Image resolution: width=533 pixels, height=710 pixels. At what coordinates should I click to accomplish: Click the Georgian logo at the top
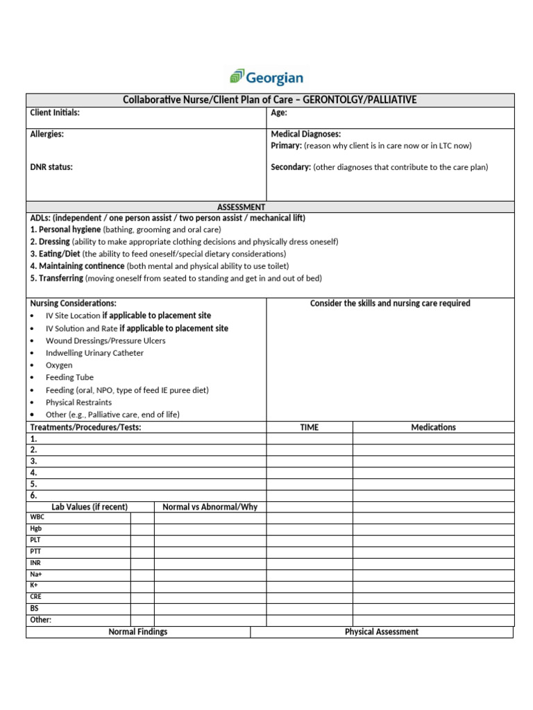point(266,77)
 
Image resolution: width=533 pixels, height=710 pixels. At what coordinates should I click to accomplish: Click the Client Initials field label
point(55,112)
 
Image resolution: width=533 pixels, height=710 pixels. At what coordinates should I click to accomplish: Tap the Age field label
point(278,112)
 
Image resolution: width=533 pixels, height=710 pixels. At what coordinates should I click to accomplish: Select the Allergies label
point(47,134)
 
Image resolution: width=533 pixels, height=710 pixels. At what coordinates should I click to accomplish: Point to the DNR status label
point(51,167)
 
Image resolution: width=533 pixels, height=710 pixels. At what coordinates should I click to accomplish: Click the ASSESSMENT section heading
point(241,207)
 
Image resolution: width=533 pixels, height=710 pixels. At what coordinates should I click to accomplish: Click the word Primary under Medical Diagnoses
point(285,146)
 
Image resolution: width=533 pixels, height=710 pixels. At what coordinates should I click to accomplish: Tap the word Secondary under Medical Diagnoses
point(290,167)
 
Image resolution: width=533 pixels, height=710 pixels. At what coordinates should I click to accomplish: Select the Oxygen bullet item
point(59,365)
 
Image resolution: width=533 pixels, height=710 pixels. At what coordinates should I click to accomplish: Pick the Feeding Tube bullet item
point(69,378)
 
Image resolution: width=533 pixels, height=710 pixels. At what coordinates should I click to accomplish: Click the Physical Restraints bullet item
point(78,402)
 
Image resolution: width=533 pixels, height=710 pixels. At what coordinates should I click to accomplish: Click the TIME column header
point(310,427)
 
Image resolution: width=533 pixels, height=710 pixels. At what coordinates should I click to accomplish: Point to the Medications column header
point(434,427)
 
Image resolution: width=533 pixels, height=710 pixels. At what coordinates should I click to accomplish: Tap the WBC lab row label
point(36,517)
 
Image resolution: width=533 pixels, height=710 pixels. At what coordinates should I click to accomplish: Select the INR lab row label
point(35,563)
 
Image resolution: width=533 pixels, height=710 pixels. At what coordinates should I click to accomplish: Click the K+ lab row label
point(34,585)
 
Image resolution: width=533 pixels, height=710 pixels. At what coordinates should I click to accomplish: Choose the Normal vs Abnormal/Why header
point(210,507)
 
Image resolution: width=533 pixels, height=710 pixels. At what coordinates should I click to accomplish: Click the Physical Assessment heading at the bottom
point(382,632)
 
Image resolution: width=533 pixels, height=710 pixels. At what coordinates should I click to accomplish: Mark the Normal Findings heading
point(138,632)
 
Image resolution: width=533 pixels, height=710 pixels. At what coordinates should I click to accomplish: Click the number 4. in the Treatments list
point(33,472)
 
